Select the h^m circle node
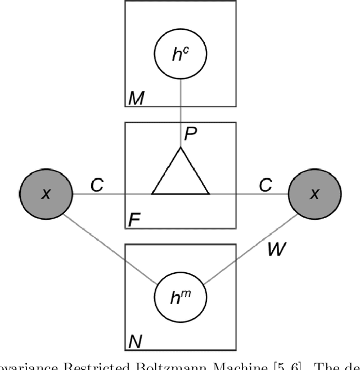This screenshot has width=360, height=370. (181, 296)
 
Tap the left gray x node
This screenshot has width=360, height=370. (46, 194)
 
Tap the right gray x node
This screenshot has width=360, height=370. (314, 194)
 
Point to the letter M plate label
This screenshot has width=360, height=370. (135, 99)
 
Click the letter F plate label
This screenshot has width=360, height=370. (134, 220)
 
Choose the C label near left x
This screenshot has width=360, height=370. (97, 185)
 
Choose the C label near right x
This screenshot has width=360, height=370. (264, 185)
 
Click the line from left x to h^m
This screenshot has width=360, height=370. (112, 250)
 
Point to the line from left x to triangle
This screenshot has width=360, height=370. (112, 194)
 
